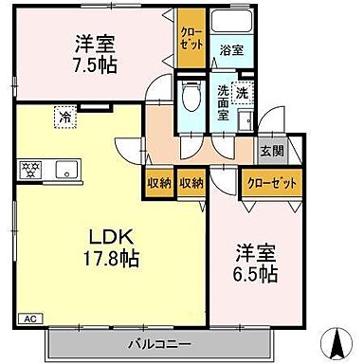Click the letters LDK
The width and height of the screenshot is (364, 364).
pos(111,234)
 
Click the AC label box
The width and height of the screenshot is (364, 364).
pos(29,319)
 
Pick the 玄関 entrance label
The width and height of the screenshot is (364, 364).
pos(271,152)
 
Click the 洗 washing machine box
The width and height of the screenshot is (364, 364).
pos(243,95)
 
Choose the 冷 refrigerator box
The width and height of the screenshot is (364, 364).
pos(64,118)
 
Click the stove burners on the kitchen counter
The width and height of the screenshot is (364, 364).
pos(29,171)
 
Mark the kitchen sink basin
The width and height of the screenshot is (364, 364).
pos(67,171)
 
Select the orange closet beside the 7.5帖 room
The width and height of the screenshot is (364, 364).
pos(190,38)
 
